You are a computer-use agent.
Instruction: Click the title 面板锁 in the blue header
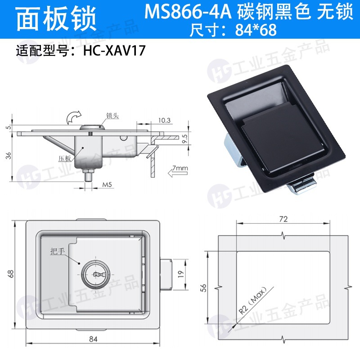(56, 18)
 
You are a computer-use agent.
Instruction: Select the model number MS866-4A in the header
(188, 12)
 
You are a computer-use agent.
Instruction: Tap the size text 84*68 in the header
(256, 30)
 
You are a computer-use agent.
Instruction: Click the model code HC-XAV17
(114, 50)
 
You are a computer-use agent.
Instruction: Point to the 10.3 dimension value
(164, 120)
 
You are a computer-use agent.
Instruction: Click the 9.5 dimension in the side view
(185, 139)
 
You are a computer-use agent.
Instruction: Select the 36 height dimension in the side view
(9, 156)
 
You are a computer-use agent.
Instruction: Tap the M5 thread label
(107, 184)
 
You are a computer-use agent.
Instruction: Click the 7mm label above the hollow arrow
(180, 168)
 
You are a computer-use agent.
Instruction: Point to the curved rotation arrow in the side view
(73, 117)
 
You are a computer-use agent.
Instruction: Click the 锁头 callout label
(112, 116)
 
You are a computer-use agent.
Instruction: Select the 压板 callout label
(64, 158)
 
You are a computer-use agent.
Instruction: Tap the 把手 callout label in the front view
(58, 251)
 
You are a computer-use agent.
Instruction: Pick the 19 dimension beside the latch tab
(181, 274)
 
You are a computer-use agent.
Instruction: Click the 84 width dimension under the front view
(93, 339)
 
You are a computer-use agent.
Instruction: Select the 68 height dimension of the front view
(11, 274)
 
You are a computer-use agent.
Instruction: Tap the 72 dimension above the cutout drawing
(283, 219)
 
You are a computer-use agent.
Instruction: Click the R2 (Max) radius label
(252, 300)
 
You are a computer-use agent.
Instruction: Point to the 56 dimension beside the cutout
(203, 288)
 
